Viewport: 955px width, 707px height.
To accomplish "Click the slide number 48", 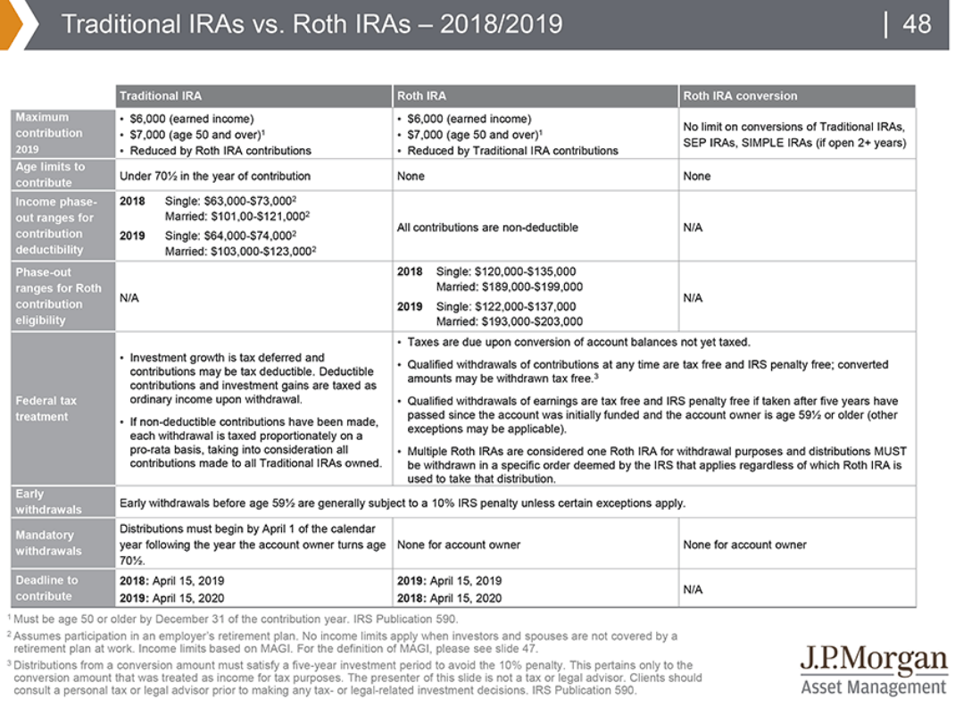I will point(917,23).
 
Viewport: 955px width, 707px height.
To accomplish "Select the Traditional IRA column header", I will point(161,96).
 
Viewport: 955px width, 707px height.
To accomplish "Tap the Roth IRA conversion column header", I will point(740,96).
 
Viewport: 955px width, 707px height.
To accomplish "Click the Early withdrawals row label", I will point(48,502).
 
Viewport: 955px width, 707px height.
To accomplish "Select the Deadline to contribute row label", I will point(46,588).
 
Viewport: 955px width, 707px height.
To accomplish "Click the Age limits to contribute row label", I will point(50,174).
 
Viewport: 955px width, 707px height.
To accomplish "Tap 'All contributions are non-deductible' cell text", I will point(487,227).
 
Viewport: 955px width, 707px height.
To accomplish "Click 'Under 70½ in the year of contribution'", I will point(215,176).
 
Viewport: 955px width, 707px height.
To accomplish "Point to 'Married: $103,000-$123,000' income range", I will point(241,251).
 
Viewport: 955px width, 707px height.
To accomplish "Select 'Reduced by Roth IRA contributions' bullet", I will point(220,151).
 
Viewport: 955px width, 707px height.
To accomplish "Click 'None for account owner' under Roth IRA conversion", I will point(744,545).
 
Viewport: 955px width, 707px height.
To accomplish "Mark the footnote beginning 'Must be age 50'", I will point(236,619).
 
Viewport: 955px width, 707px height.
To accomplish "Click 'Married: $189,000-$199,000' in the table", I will point(509,287).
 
